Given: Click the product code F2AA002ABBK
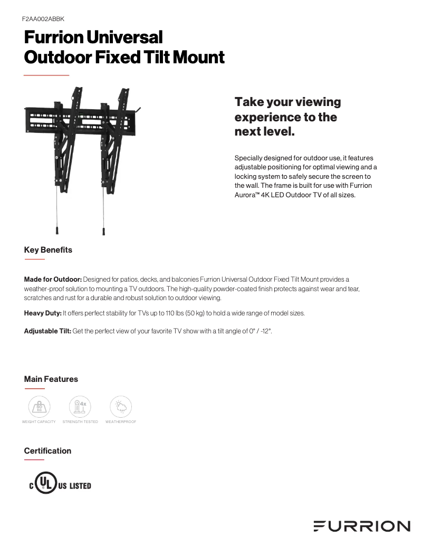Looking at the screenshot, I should coord(43,18).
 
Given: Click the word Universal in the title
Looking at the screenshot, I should coord(124,37).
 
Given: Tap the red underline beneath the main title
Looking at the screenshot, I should coord(46,75).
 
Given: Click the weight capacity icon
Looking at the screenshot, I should coord(39,407).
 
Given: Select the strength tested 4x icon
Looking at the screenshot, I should coord(80,407).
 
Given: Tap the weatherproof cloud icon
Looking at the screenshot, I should coord(121,407).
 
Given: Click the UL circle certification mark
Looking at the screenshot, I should coord(46,485).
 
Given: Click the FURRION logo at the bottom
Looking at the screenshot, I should coord(361,526).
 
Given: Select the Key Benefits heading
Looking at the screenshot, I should coord(48,249).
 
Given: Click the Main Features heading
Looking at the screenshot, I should coord(51,379).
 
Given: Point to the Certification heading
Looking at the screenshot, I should coord(47,450).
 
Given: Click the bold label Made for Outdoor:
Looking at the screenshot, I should coord(53,279).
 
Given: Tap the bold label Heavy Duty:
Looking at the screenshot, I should coord(43,313).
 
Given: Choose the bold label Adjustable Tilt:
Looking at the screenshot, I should coord(47,331).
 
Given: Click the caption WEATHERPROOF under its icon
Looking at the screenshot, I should coord(121,422).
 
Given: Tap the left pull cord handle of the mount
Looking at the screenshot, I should coord(57,231).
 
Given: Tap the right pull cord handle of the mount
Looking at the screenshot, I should coord(104,231).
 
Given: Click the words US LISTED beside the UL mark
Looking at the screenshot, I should coord(74,486).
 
